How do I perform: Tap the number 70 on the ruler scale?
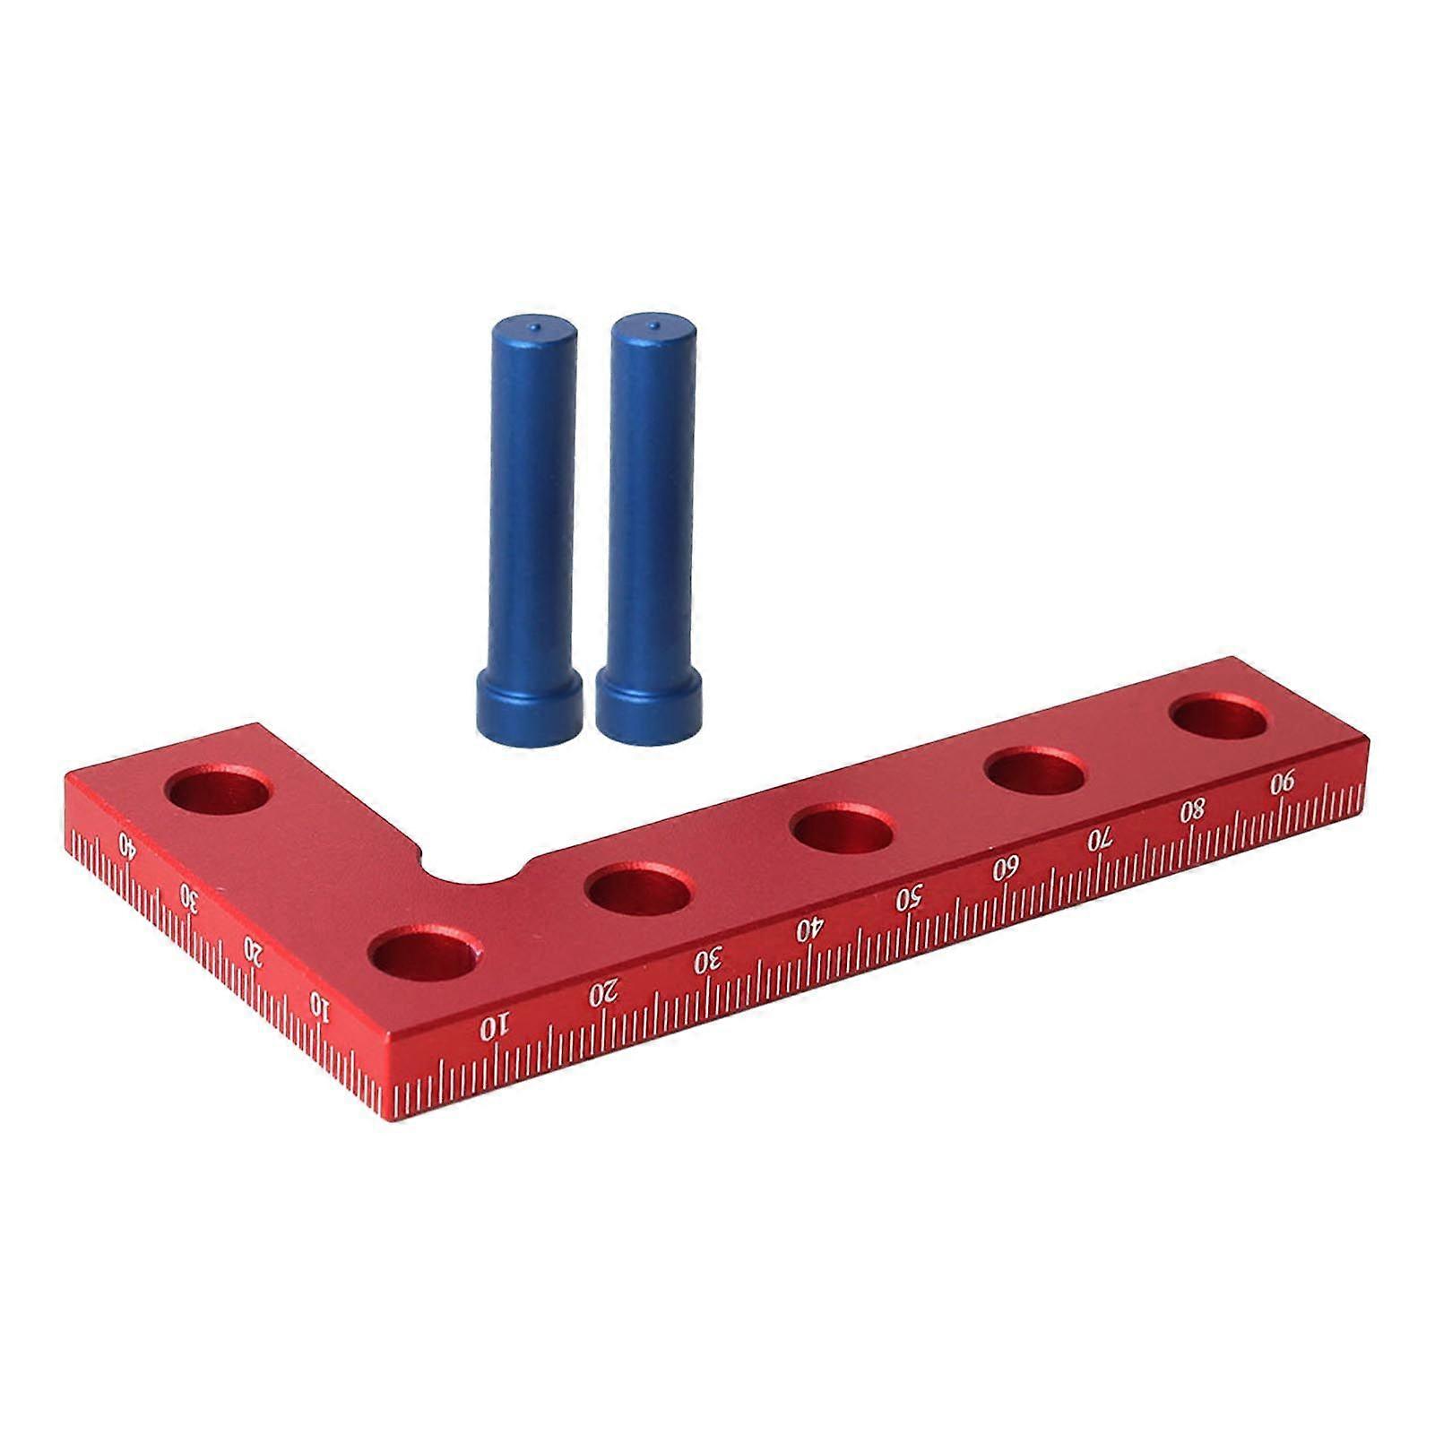pos(1100,840)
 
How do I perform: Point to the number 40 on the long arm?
pos(808,929)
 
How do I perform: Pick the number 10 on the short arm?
pos(320,1007)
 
